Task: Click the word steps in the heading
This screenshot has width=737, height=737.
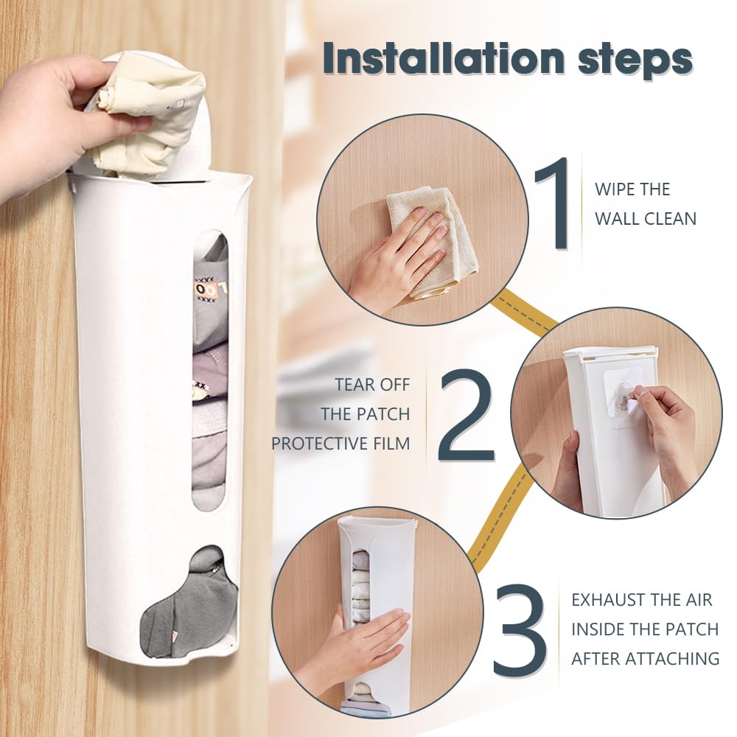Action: [635, 60]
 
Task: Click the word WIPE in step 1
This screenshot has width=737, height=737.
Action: [613, 189]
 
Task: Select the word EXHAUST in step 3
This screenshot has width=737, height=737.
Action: [602, 600]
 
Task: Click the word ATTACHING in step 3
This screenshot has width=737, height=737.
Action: [677, 658]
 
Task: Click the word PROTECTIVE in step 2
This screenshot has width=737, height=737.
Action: [319, 444]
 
